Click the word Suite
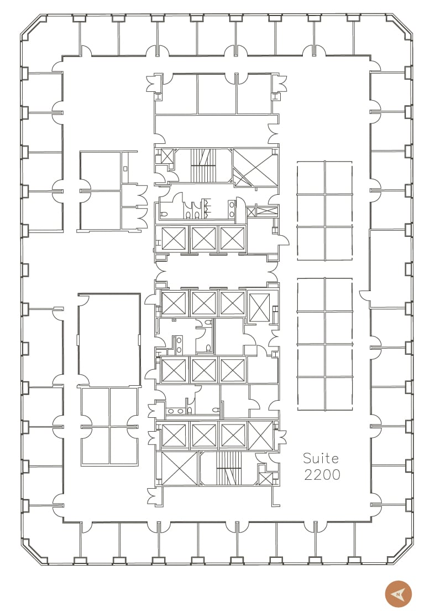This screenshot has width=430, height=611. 321,458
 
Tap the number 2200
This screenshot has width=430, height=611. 322,475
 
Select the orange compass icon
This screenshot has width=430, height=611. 398,594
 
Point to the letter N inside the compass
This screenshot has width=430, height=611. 398,594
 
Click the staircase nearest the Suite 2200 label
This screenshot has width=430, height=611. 227,468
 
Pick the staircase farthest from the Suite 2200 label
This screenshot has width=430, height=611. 203,165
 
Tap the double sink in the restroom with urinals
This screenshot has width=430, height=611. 232,209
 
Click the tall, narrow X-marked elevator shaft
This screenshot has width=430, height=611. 259,307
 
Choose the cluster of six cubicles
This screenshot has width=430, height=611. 324,211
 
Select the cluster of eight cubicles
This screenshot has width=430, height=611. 324,344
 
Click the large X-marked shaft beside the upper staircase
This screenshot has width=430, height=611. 255,168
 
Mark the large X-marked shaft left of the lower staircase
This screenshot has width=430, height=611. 179,468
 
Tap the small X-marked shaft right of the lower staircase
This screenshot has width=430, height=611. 266,479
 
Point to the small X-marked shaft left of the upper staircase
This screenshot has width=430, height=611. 167,156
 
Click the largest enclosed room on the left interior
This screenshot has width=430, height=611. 109,340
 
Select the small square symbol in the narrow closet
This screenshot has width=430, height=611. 125,169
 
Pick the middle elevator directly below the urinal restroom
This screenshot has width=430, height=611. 203,239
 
